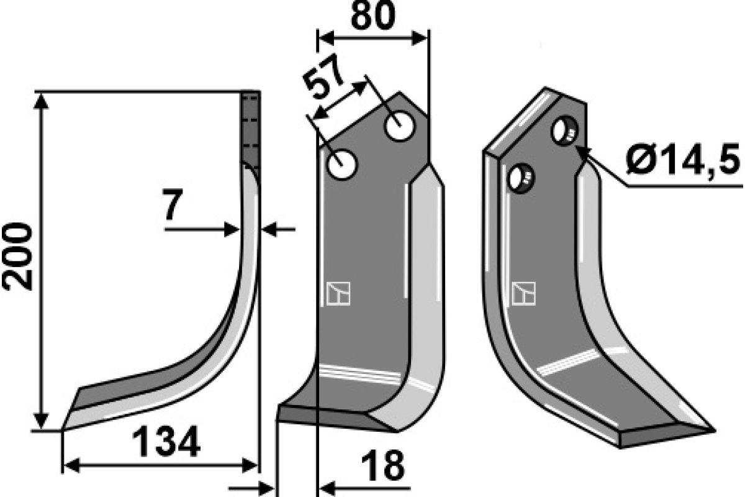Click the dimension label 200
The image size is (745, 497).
(17, 257)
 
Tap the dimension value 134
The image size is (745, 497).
(166, 442)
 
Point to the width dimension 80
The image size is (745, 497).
(373, 15)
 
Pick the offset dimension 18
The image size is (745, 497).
(383, 465)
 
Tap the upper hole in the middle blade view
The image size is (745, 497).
(400, 127)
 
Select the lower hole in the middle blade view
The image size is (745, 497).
(341, 165)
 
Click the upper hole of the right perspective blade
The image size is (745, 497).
(564, 130)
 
